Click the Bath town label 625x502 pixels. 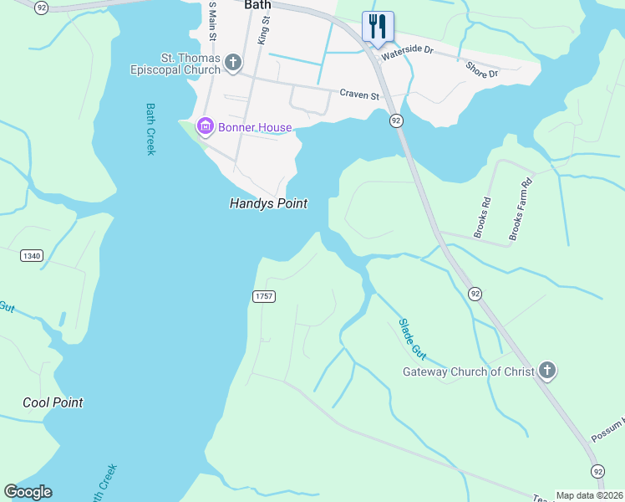pyautogui.click(x=258, y=5)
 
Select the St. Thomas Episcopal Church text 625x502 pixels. pyautogui.click(x=191, y=64)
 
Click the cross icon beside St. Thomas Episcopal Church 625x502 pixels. pyautogui.click(x=233, y=62)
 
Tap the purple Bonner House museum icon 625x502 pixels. pyautogui.click(x=204, y=127)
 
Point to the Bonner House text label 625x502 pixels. pyautogui.click(x=255, y=127)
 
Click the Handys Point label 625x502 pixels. pyautogui.click(x=268, y=203)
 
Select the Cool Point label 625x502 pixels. pyautogui.click(x=53, y=402)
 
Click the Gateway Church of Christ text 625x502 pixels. pyautogui.click(x=468, y=371)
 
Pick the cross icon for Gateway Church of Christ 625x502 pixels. pyautogui.click(x=546, y=371)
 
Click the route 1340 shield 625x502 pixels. pyautogui.click(x=32, y=255)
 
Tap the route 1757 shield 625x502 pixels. pyautogui.click(x=263, y=297)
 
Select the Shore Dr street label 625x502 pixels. pyautogui.click(x=481, y=69)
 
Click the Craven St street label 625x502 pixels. pyautogui.click(x=359, y=95)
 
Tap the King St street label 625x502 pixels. pyautogui.click(x=264, y=34)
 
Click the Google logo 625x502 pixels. pyautogui.click(x=28, y=492)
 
